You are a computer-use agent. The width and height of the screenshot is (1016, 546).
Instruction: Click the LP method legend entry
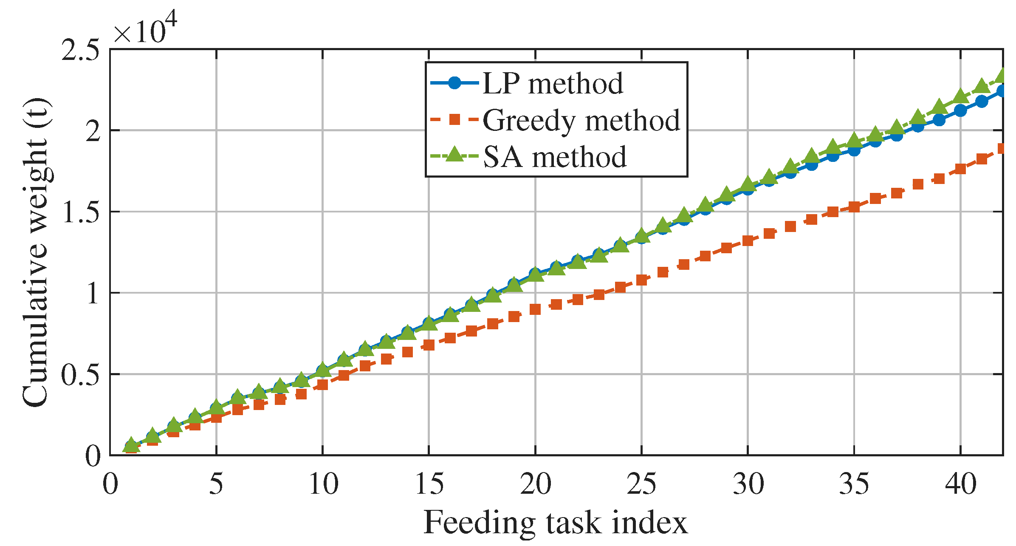point(527,83)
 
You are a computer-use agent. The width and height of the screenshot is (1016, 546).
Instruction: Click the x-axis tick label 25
point(641,484)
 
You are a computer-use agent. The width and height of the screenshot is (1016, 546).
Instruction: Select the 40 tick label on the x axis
point(960,484)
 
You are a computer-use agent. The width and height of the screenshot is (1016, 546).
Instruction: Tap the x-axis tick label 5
point(216,484)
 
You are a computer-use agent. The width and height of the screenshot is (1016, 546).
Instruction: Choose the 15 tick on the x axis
point(429,484)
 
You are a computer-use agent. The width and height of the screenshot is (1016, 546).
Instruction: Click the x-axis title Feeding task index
point(556,523)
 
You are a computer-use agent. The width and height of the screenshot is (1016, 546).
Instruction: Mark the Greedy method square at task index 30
point(748,241)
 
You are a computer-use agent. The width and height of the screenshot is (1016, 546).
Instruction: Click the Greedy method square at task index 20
point(535,309)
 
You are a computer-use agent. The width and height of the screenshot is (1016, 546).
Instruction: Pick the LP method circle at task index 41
point(982,101)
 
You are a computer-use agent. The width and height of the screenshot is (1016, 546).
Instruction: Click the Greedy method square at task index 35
point(854,207)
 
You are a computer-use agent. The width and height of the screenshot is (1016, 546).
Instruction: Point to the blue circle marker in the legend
point(454,83)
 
